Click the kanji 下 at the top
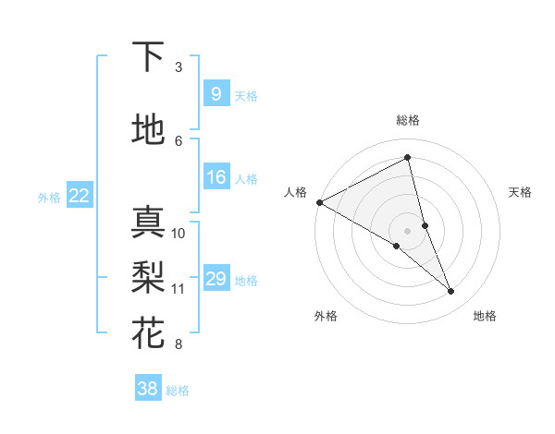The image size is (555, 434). pyautogui.click(x=148, y=57)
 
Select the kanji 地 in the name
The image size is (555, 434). pyautogui.click(x=148, y=130)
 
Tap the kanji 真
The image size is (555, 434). pyautogui.click(x=148, y=223)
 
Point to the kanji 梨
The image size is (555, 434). pyautogui.click(x=148, y=277)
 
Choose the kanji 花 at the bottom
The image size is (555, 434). pyautogui.click(x=148, y=332)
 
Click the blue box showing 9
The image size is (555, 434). pyautogui.click(x=216, y=94)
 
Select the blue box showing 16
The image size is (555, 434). pyautogui.click(x=216, y=177)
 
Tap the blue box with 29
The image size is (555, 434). pyautogui.click(x=216, y=279)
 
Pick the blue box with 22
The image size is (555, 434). pyautogui.click(x=79, y=196)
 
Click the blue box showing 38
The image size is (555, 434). pyautogui.click(x=147, y=389)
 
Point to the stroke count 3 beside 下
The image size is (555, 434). pyautogui.click(x=179, y=67)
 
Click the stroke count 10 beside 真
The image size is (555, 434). pyautogui.click(x=179, y=233)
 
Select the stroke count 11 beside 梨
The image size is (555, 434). pyautogui.click(x=179, y=288)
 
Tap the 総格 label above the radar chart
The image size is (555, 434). pyautogui.click(x=408, y=120)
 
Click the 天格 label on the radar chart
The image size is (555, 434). pyautogui.click(x=521, y=192)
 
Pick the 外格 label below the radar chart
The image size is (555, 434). pyautogui.click(x=326, y=316)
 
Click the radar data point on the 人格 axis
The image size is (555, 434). pyautogui.click(x=319, y=201)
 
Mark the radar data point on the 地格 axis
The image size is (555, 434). pyautogui.click(x=451, y=291)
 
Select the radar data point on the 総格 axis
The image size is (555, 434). pyautogui.click(x=408, y=157)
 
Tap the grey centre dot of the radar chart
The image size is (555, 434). pyautogui.click(x=408, y=230)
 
